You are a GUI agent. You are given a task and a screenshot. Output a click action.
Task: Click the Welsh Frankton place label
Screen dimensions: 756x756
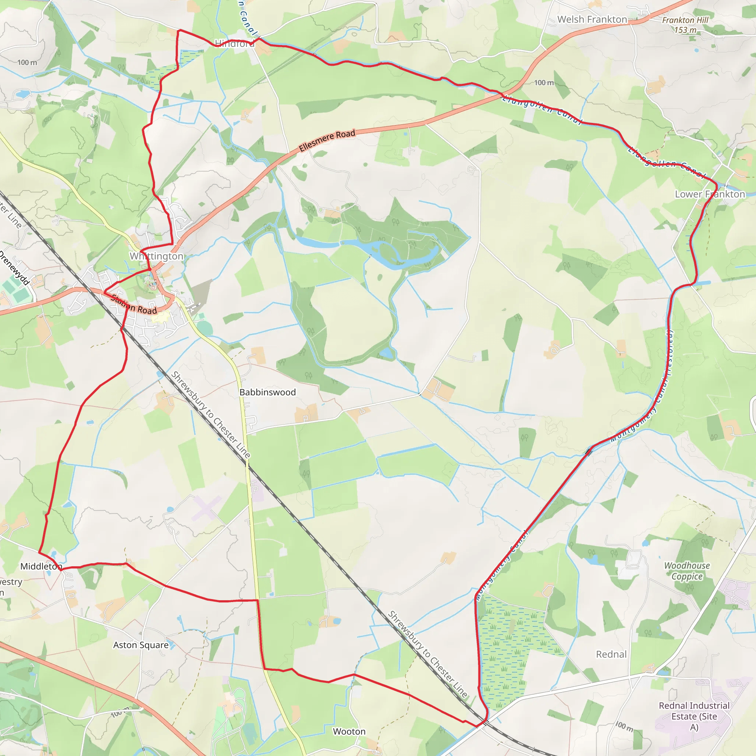coord(592,19)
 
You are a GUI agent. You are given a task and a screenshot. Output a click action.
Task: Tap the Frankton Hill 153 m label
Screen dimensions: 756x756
coord(685,25)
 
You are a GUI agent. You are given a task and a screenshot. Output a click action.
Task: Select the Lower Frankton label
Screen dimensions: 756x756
coord(710,194)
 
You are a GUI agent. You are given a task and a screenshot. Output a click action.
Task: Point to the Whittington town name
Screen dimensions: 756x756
coord(156,256)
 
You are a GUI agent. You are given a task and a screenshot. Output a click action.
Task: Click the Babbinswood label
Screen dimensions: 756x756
coord(268,392)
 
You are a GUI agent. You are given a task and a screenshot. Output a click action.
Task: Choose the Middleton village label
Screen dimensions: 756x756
coord(41,566)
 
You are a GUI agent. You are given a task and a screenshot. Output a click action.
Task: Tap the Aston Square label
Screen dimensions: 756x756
coord(141,645)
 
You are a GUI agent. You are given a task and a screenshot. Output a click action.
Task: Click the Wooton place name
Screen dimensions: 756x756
coord(349,731)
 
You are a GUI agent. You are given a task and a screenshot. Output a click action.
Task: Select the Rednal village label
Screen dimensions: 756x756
coord(611,654)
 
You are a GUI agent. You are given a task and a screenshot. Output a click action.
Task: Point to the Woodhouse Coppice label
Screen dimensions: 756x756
coord(687,571)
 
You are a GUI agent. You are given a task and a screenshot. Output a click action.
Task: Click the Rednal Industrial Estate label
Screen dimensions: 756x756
coord(694,716)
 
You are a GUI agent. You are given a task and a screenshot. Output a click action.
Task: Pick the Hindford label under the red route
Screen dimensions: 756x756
coord(234,44)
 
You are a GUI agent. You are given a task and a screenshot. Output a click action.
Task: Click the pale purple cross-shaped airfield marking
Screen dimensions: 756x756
coord(206,508)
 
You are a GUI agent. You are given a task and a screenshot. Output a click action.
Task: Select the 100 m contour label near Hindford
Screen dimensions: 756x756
coord(27,63)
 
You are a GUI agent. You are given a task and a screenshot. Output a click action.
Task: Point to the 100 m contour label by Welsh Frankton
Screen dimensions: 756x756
coord(544,83)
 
